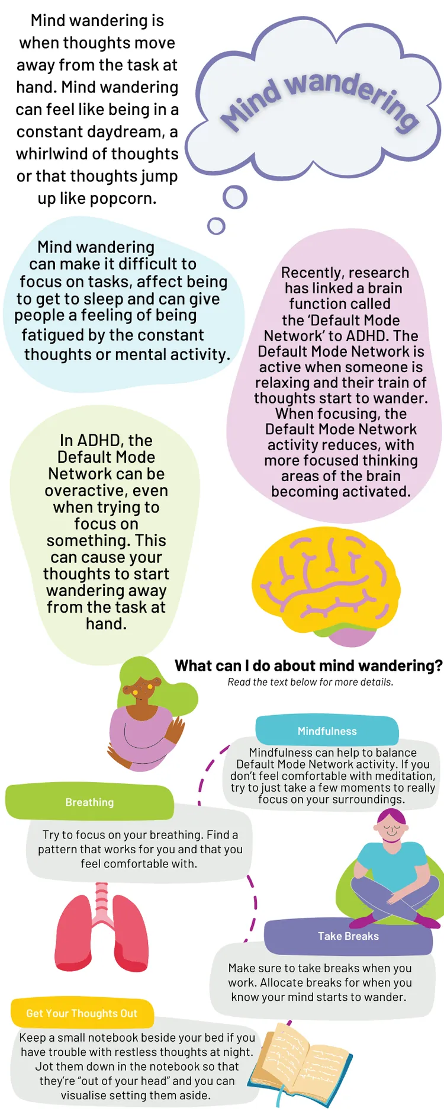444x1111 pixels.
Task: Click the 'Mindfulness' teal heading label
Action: [x=327, y=731]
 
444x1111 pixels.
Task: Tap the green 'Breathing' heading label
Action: [x=89, y=802]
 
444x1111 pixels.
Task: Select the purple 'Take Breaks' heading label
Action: [x=348, y=936]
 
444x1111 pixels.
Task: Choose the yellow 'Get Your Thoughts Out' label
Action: [x=82, y=1013]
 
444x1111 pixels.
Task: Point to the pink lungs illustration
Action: [x=102, y=927]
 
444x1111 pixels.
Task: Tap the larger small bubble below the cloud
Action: [x=235, y=197]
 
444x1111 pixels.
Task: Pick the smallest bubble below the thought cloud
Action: [x=217, y=226]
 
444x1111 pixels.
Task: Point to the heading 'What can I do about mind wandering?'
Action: [x=308, y=665]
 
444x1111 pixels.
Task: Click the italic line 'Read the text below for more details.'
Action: [x=311, y=682]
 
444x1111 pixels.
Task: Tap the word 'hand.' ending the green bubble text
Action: [x=107, y=623]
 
